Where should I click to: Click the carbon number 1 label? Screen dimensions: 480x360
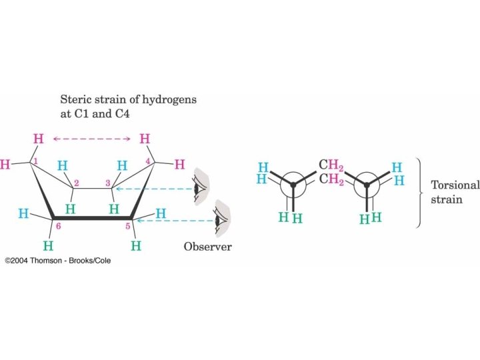(x=36, y=162)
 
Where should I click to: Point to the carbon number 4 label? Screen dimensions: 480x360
(x=147, y=161)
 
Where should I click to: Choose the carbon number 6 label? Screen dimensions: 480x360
(x=59, y=227)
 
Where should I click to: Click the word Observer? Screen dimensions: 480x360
(x=208, y=247)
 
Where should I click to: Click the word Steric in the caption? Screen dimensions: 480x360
(x=75, y=100)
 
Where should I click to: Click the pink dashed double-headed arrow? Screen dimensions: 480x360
(x=91, y=139)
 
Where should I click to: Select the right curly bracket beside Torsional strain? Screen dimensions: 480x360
(x=419, y=193)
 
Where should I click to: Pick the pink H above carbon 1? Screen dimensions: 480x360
(x=39, y=139)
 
